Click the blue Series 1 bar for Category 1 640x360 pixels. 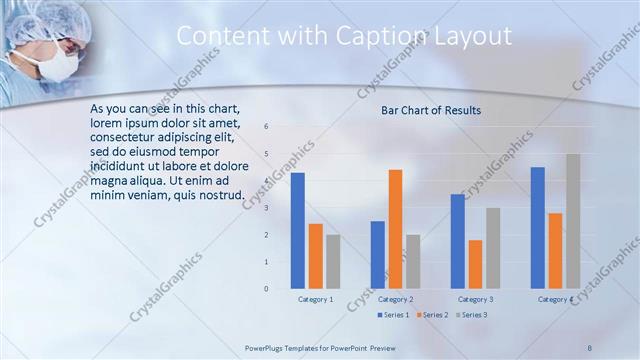[x=298, y=230]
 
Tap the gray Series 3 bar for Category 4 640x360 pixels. [x=573, y=221]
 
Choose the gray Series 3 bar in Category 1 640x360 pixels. [x=333, y=261]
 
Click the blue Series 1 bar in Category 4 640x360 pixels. [x=538, y=227]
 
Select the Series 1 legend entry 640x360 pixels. [x=394, y=315]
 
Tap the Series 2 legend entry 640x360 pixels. [x=433, y=315]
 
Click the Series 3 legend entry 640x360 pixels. [x=473, y=315]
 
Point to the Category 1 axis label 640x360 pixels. [x=316, y=299]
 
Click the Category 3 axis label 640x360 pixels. [x=475, y=299]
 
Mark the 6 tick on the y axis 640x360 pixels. [x=266, y=127]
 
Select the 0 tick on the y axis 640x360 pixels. [x=266, y=289]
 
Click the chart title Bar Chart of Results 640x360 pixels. [x=431, y=110]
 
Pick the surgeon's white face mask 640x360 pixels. [x=60, y=65]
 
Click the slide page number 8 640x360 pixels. [x=590, y=346]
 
